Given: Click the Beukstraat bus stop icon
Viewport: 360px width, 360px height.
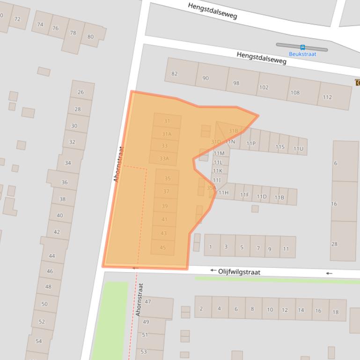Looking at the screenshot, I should (x=302, y=47).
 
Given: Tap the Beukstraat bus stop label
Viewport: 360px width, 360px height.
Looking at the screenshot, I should (x=302, y=54).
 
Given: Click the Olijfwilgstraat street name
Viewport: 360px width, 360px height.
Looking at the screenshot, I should (x=239, y=272).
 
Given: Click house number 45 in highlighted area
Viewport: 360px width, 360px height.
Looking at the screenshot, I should (x=162, y=247).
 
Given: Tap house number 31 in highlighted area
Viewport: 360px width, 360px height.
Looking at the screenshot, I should (x=167, y=121).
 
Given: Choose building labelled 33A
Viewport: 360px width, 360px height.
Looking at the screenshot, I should (x=164, y=158).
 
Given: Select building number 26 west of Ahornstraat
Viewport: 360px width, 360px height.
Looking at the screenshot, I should (x=81, y=92).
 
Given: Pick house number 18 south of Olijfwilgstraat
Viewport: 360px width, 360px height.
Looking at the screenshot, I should (x=335, y=311).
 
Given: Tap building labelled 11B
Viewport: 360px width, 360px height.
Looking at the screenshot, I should (x=279, y=197).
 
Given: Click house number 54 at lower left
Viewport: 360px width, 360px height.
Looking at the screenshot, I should (x=39, y=341).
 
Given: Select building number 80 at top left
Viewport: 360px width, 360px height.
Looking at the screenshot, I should (x=90, y=36).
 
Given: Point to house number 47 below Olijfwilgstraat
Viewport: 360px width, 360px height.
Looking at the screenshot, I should (x=148, y=302).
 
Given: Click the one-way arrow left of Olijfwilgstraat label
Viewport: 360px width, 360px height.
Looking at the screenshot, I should (x=213, y=270).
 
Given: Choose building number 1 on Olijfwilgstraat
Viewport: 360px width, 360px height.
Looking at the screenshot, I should (x=211, y=247).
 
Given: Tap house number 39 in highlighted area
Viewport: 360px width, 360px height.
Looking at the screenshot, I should (x=165, y=206).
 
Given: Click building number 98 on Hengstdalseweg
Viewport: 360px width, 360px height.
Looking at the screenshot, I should (x=236, y=83).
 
